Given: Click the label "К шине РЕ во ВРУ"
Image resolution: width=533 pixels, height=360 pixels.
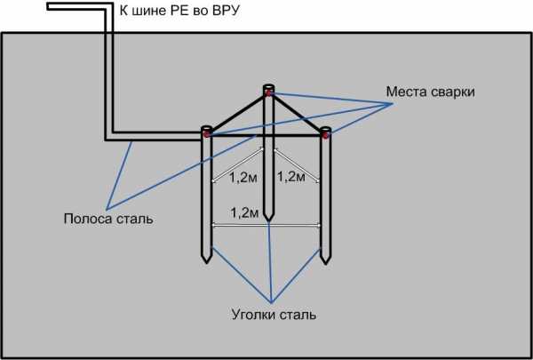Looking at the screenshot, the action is (179, 11).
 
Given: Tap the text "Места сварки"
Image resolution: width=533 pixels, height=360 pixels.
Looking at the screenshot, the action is (430, 92).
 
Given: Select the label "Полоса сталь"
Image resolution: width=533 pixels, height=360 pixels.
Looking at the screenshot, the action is (108, 219).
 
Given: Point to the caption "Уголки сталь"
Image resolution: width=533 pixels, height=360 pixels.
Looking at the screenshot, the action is (274, 315).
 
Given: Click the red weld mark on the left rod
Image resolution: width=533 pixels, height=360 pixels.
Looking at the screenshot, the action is (206, 134).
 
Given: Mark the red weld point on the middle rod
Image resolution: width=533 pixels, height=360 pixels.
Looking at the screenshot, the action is (268, 92).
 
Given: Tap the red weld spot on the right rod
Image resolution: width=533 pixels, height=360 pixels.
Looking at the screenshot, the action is (325, 135).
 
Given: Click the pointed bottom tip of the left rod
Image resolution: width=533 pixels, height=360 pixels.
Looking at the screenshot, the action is (207, 263).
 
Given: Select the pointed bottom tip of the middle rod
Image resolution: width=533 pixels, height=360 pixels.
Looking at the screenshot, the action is (268, 221).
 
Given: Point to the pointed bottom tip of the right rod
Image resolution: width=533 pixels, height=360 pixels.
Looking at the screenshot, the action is (326, 264).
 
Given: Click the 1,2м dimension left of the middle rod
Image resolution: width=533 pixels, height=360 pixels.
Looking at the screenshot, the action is (243, 178).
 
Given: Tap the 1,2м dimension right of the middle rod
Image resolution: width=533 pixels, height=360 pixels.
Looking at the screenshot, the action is (291, 177).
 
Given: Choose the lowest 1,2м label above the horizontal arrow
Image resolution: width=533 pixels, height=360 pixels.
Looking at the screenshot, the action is (244, 212).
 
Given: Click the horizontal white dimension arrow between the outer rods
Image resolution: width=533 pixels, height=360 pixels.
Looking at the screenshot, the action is (266, 225).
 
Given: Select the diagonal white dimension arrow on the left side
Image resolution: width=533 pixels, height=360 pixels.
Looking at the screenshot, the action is (237, 164).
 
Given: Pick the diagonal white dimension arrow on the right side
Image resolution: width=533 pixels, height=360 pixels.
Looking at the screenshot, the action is (297, 165).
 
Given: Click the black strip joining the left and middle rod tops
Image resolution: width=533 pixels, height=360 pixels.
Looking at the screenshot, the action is (238, 113).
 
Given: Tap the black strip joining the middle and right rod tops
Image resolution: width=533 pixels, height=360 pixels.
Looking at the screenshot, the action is (297, 113).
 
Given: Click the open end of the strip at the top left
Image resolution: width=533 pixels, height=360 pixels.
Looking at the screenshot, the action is (48, 6).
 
